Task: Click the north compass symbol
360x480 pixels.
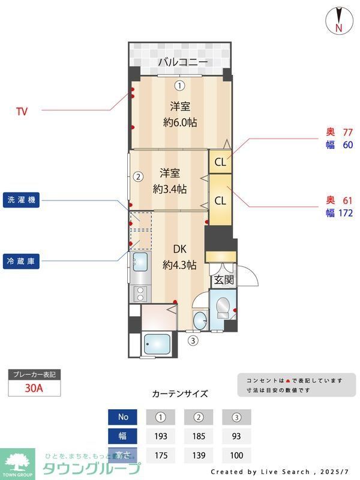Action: click(338, 20)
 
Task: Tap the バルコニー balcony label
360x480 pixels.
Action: click(183, 62)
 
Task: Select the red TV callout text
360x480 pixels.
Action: click(22, 111)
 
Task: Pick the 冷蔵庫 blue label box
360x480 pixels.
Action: click(22, 262)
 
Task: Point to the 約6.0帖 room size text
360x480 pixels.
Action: click(180, 122)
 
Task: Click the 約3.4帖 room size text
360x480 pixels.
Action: click(170, 189)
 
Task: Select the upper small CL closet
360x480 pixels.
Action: click(220, 161)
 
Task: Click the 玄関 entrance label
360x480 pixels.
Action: click(223, 280)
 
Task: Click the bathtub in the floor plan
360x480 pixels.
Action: click(158, 346)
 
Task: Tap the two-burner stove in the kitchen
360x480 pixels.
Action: click(140, 293)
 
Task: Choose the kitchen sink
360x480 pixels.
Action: click(140, 262)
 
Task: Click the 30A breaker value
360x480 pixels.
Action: click(34, 388)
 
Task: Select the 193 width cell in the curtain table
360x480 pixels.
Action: click(160, 436)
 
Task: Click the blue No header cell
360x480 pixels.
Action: click(124, 417)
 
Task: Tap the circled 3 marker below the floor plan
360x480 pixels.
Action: click(193, 341)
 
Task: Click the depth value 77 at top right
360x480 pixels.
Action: click(347, 132)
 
